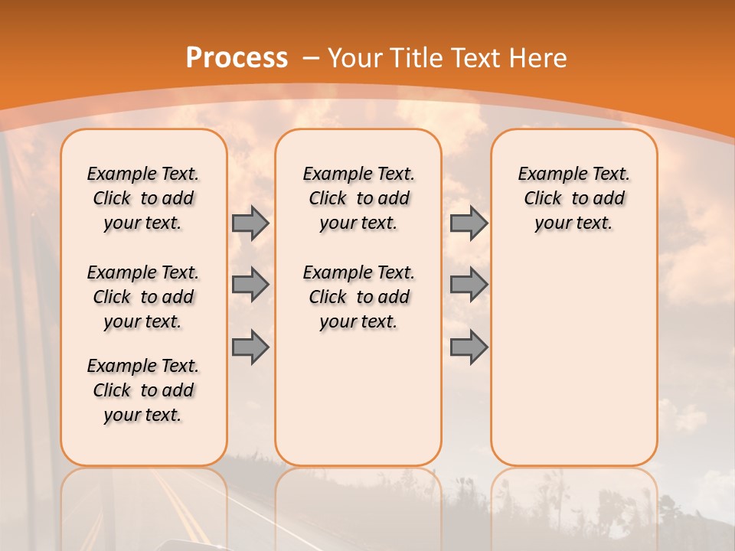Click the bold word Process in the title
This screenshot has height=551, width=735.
(x=237, y=58)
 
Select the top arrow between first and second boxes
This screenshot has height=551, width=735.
(x=250, y=223)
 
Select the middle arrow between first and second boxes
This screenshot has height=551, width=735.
(x=250, y=285)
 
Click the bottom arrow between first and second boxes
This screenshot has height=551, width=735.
(x=250, y=347)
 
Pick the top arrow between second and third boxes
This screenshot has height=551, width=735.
(x=469, y=223)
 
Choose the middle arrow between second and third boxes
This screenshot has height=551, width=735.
(x=469, y=285)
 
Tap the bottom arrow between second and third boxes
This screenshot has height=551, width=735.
(x=469, y=347)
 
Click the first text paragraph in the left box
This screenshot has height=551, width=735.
(x=143, y=198)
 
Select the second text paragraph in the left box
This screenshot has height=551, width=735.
(x=143, y=297)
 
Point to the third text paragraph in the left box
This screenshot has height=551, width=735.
(x=143, y=390)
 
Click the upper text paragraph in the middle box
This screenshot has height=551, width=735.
(x=358, y=198)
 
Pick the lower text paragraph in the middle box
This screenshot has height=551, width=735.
(x=358, y=297)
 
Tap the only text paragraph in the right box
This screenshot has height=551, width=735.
(x=573, y=198)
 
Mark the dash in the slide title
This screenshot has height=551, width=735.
(x=311, y=58)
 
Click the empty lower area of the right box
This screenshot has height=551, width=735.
(x=573, y=360)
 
